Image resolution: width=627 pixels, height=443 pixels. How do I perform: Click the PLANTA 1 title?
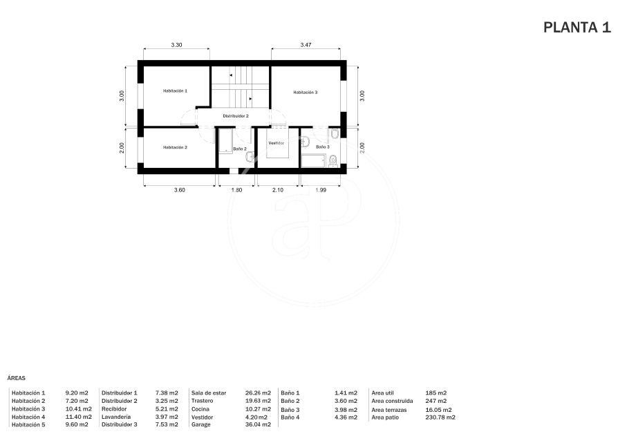(577, 28)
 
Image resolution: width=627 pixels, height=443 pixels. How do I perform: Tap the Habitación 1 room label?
(175, 91)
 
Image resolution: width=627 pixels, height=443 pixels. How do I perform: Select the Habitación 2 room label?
(175, 147)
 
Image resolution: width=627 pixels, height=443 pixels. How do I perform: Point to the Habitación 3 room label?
(306, 93)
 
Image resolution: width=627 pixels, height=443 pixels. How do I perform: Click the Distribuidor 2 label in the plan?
(236, 116)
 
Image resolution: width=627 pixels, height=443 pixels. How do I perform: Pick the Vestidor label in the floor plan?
(277, 143)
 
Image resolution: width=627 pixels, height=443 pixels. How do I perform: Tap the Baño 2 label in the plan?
(240, 149)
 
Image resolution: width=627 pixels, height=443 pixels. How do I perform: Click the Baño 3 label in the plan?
(323, 147)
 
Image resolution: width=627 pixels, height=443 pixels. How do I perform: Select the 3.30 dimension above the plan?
(176, 45)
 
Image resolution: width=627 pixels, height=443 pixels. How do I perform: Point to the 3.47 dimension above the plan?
(306, 45)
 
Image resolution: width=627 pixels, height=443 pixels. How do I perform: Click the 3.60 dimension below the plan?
(180, 190)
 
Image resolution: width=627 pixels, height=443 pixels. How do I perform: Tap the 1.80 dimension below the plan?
(236, 190)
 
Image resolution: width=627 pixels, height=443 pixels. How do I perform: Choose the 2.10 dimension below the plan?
(278, 190)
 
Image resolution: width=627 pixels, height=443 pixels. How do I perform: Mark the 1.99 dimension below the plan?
(321, 190)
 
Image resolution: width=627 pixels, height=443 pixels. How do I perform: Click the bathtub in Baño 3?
(314, 161)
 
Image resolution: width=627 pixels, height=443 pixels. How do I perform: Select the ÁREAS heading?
(16, 378)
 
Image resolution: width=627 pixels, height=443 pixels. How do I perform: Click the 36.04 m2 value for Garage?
(258, 424)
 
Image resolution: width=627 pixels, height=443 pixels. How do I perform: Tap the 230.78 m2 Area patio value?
(440, 417)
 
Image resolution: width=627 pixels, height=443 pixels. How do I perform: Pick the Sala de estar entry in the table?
(209, 393)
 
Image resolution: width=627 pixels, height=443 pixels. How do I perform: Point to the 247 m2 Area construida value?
(436, 401)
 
